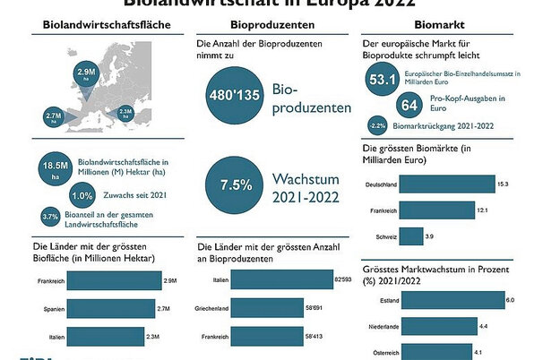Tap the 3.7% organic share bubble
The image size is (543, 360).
point(50,217)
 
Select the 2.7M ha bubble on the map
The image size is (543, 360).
point(53,116)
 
